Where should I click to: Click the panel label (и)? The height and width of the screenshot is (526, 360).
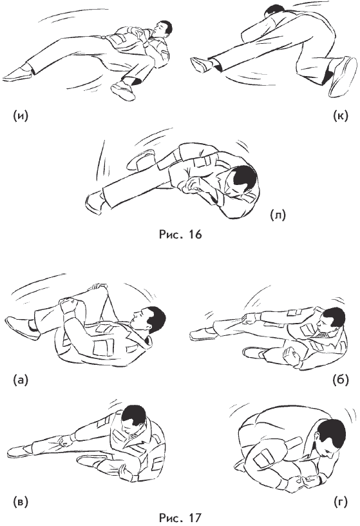click(21, 115)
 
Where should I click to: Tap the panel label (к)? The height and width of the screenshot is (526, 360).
click(341, 115)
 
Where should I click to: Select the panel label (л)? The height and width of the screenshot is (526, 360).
click(278, 215)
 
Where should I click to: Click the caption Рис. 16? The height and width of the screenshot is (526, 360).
click(180, 234)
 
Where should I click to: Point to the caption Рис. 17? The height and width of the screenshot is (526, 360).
click(180, 518)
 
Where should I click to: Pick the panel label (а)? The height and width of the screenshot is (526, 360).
click(21, 380)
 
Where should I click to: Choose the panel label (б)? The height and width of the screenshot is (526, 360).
click(341, 380)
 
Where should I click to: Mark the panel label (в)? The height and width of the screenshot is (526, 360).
click(21, 502)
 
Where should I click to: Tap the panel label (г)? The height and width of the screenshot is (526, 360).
click(341, 502)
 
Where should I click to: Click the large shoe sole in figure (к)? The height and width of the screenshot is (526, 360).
click(343, 77)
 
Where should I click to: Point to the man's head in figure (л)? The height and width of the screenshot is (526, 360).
click(241, 180)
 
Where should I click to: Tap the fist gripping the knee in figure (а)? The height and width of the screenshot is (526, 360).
click(68, 305)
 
